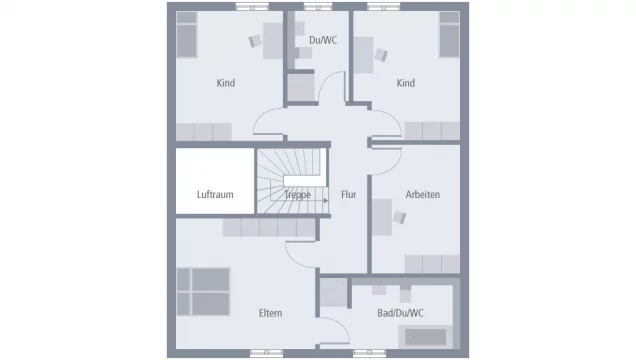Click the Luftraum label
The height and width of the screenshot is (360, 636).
[215, 195]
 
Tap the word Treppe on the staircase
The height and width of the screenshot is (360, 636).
[297, 195]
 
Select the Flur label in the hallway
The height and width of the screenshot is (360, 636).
[348, 195]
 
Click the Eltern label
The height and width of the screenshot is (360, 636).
[270, 313]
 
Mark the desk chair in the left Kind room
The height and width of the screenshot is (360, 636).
[255, 41]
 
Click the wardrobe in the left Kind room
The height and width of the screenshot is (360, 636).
[204, 131]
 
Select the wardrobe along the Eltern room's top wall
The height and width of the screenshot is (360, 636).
[240, 230]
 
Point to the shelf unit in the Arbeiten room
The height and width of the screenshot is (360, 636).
[431, 263]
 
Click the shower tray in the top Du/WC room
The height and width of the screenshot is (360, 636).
[301, 88]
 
